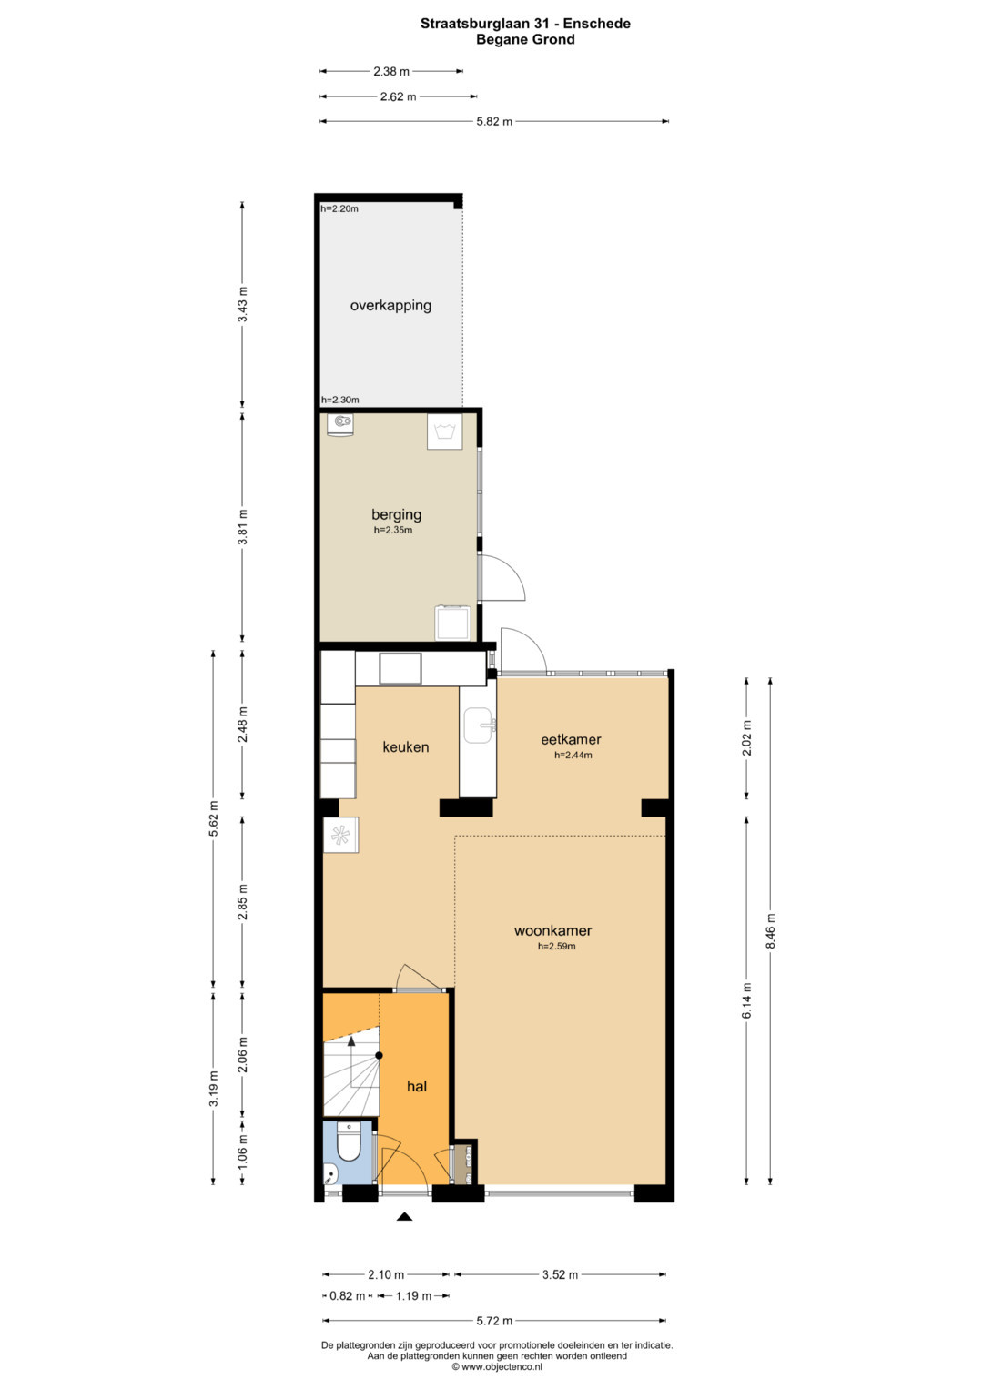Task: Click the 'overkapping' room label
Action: (x=390, y=305)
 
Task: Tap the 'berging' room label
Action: (x=396, y=514)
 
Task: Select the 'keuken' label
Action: (x=405, y=746)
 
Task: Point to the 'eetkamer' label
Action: (x=571, y=739)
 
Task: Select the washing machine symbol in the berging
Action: (x=444, y=431)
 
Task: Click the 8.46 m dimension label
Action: (x=770, y=931)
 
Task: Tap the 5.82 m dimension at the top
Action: (x=494, y=122)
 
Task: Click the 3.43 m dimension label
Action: (x=243, y=304)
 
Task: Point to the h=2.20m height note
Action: (x=339, y=208)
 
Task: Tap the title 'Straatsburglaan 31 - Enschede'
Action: (x=526, y=24)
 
